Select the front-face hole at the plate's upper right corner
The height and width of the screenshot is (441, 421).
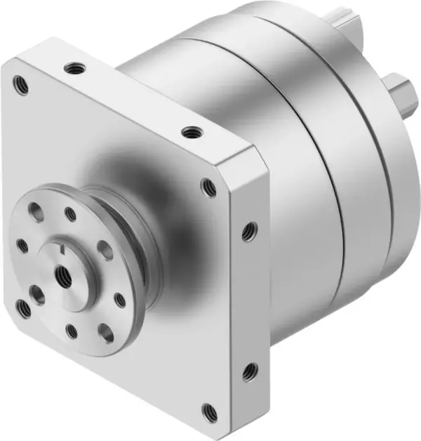point(208,187)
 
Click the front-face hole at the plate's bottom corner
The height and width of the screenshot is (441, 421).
point(207,410)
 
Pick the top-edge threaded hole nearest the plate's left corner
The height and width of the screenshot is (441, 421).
point(72,68)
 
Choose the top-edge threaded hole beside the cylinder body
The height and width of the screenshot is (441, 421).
point(189,131)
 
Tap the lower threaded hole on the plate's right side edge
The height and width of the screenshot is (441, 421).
point(248,371)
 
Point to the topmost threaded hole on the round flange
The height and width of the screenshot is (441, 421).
point(70,213)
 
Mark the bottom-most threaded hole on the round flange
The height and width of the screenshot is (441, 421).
point(71,328)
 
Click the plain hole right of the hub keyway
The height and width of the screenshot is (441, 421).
point(104,249)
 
